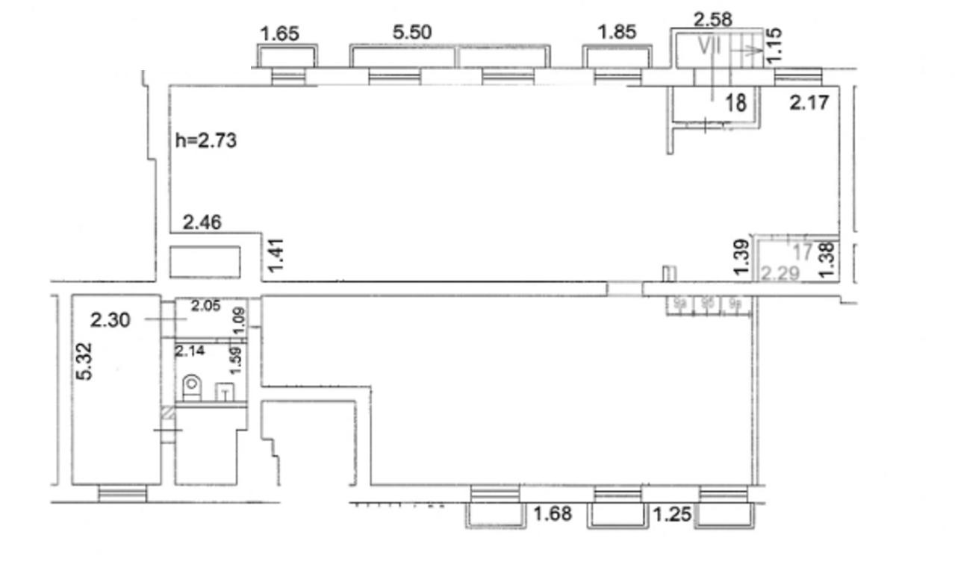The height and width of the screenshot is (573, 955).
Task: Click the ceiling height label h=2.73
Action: tap(206, 140)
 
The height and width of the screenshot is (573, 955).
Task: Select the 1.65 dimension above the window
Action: tap(280, 34)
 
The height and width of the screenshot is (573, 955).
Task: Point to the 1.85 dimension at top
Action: tap(617, 32)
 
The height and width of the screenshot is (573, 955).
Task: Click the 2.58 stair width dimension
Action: tap(712, 19)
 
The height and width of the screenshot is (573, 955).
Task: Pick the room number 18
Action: tap(736, 103)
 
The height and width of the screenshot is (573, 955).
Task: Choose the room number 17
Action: tap(803, 252)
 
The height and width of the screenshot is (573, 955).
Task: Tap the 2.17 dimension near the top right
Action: tap(809, 102)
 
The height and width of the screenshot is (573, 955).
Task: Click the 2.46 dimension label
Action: tap(203, 222)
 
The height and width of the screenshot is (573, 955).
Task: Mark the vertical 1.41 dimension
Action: tap(277, 254)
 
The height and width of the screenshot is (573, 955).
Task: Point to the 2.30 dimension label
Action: tap(111, 320)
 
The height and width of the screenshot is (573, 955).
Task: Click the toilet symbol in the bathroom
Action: tap(192, 386)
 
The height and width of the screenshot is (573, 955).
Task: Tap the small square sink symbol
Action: tap(224, 392)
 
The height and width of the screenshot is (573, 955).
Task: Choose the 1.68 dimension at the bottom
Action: tap(554, 513)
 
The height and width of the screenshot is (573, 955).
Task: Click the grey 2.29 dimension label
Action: tap(780, 274)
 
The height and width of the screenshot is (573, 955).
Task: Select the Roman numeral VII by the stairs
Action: tap(710, 46)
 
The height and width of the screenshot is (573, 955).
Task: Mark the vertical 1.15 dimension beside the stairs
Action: tap(774, 44)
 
